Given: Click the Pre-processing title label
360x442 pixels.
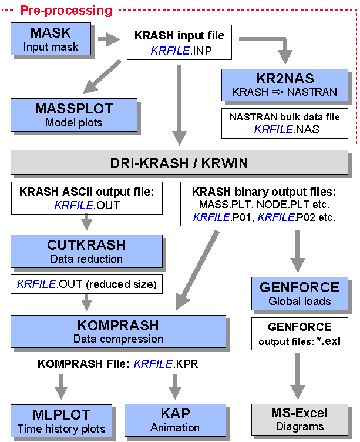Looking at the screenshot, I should point(66,10).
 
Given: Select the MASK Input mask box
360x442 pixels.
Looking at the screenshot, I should point(51,39).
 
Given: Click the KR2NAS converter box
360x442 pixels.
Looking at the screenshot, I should point(285,85).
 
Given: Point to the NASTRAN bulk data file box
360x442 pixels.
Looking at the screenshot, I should point(285,123).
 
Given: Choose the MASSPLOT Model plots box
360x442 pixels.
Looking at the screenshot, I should point(74,115).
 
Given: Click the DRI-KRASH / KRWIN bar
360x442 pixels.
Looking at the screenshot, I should point(179,162).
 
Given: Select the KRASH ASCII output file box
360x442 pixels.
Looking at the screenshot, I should point(87,197).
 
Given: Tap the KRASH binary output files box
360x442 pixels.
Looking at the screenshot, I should point(263,203).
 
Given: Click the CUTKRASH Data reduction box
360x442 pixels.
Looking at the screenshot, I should point(86,250).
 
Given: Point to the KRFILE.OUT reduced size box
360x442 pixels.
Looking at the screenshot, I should point(86,284).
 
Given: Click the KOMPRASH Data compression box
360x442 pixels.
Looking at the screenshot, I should point(118,331).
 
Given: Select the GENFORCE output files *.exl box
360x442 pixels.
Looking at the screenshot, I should point(300,333).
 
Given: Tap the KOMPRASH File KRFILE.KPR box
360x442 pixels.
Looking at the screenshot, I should point(118,364).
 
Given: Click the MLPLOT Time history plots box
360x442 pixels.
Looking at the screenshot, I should point(62,420).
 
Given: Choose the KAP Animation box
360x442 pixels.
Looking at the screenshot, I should point(175,420).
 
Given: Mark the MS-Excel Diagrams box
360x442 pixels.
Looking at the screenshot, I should point(300,420).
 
